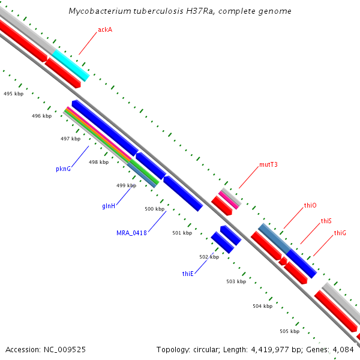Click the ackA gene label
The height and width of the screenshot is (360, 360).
pyautogui.click(x=106, y=29)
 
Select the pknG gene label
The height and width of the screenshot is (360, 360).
pyautogui.click(x=64, y=169)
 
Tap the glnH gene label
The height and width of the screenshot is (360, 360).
pyautogui.click(x=109, y=206)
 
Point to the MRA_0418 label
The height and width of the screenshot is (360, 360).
pyautogui.click(x=131, y=232)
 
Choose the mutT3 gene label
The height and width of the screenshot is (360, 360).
pyautogui.click(x=268, y=164)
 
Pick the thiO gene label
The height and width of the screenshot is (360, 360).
pyautogui.click(x=310, y=205)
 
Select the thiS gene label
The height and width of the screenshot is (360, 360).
pyautogui.click(x=326, y=221)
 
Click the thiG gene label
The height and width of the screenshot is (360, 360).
pyautogui.click(x=340, y=233)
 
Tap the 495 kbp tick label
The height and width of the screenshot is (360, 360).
pyautogui.click(x=13, y=94)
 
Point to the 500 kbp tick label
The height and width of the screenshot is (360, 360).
pyautogui.click(x=154, y=209)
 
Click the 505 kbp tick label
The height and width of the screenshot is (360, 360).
pyautogui.click(x=289, y=331)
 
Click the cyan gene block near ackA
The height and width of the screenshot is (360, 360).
pyautogui.click(x=71, y=65)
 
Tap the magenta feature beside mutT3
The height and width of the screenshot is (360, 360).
pyautogui.click(x=229, y=200)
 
